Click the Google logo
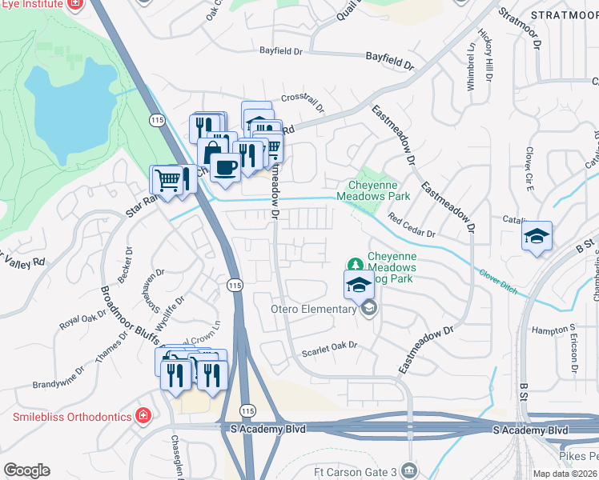[26, 470]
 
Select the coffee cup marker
[226, 167]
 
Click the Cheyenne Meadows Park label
[373, 190]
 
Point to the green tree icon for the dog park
[353, 264]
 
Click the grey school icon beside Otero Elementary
[368, 309]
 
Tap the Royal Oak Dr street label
[86, 316]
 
